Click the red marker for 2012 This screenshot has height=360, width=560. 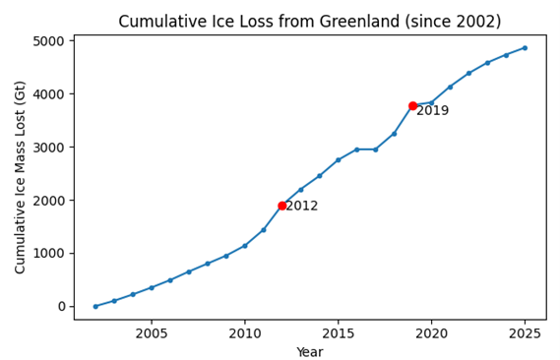[x=282, y=206]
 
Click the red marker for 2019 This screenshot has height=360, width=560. [x=412, y=105]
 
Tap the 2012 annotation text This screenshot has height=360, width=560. [x=302, y=207]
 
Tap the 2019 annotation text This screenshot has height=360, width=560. [x=432, y=111]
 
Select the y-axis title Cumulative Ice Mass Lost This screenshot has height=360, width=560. [x=20, y=177]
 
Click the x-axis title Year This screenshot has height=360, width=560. [x=309, y=351]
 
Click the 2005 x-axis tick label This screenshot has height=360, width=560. [x=152, y=332]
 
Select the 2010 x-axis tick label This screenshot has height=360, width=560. [x=245, y=332]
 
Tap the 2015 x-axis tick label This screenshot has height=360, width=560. [x=338, y=332]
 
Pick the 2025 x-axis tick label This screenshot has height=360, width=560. [x=525, y=332]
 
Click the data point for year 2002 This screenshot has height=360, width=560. [x=95, y=306]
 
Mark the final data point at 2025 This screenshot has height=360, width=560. [x=525, y=47]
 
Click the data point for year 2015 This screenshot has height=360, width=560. [x=338, y=159]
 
